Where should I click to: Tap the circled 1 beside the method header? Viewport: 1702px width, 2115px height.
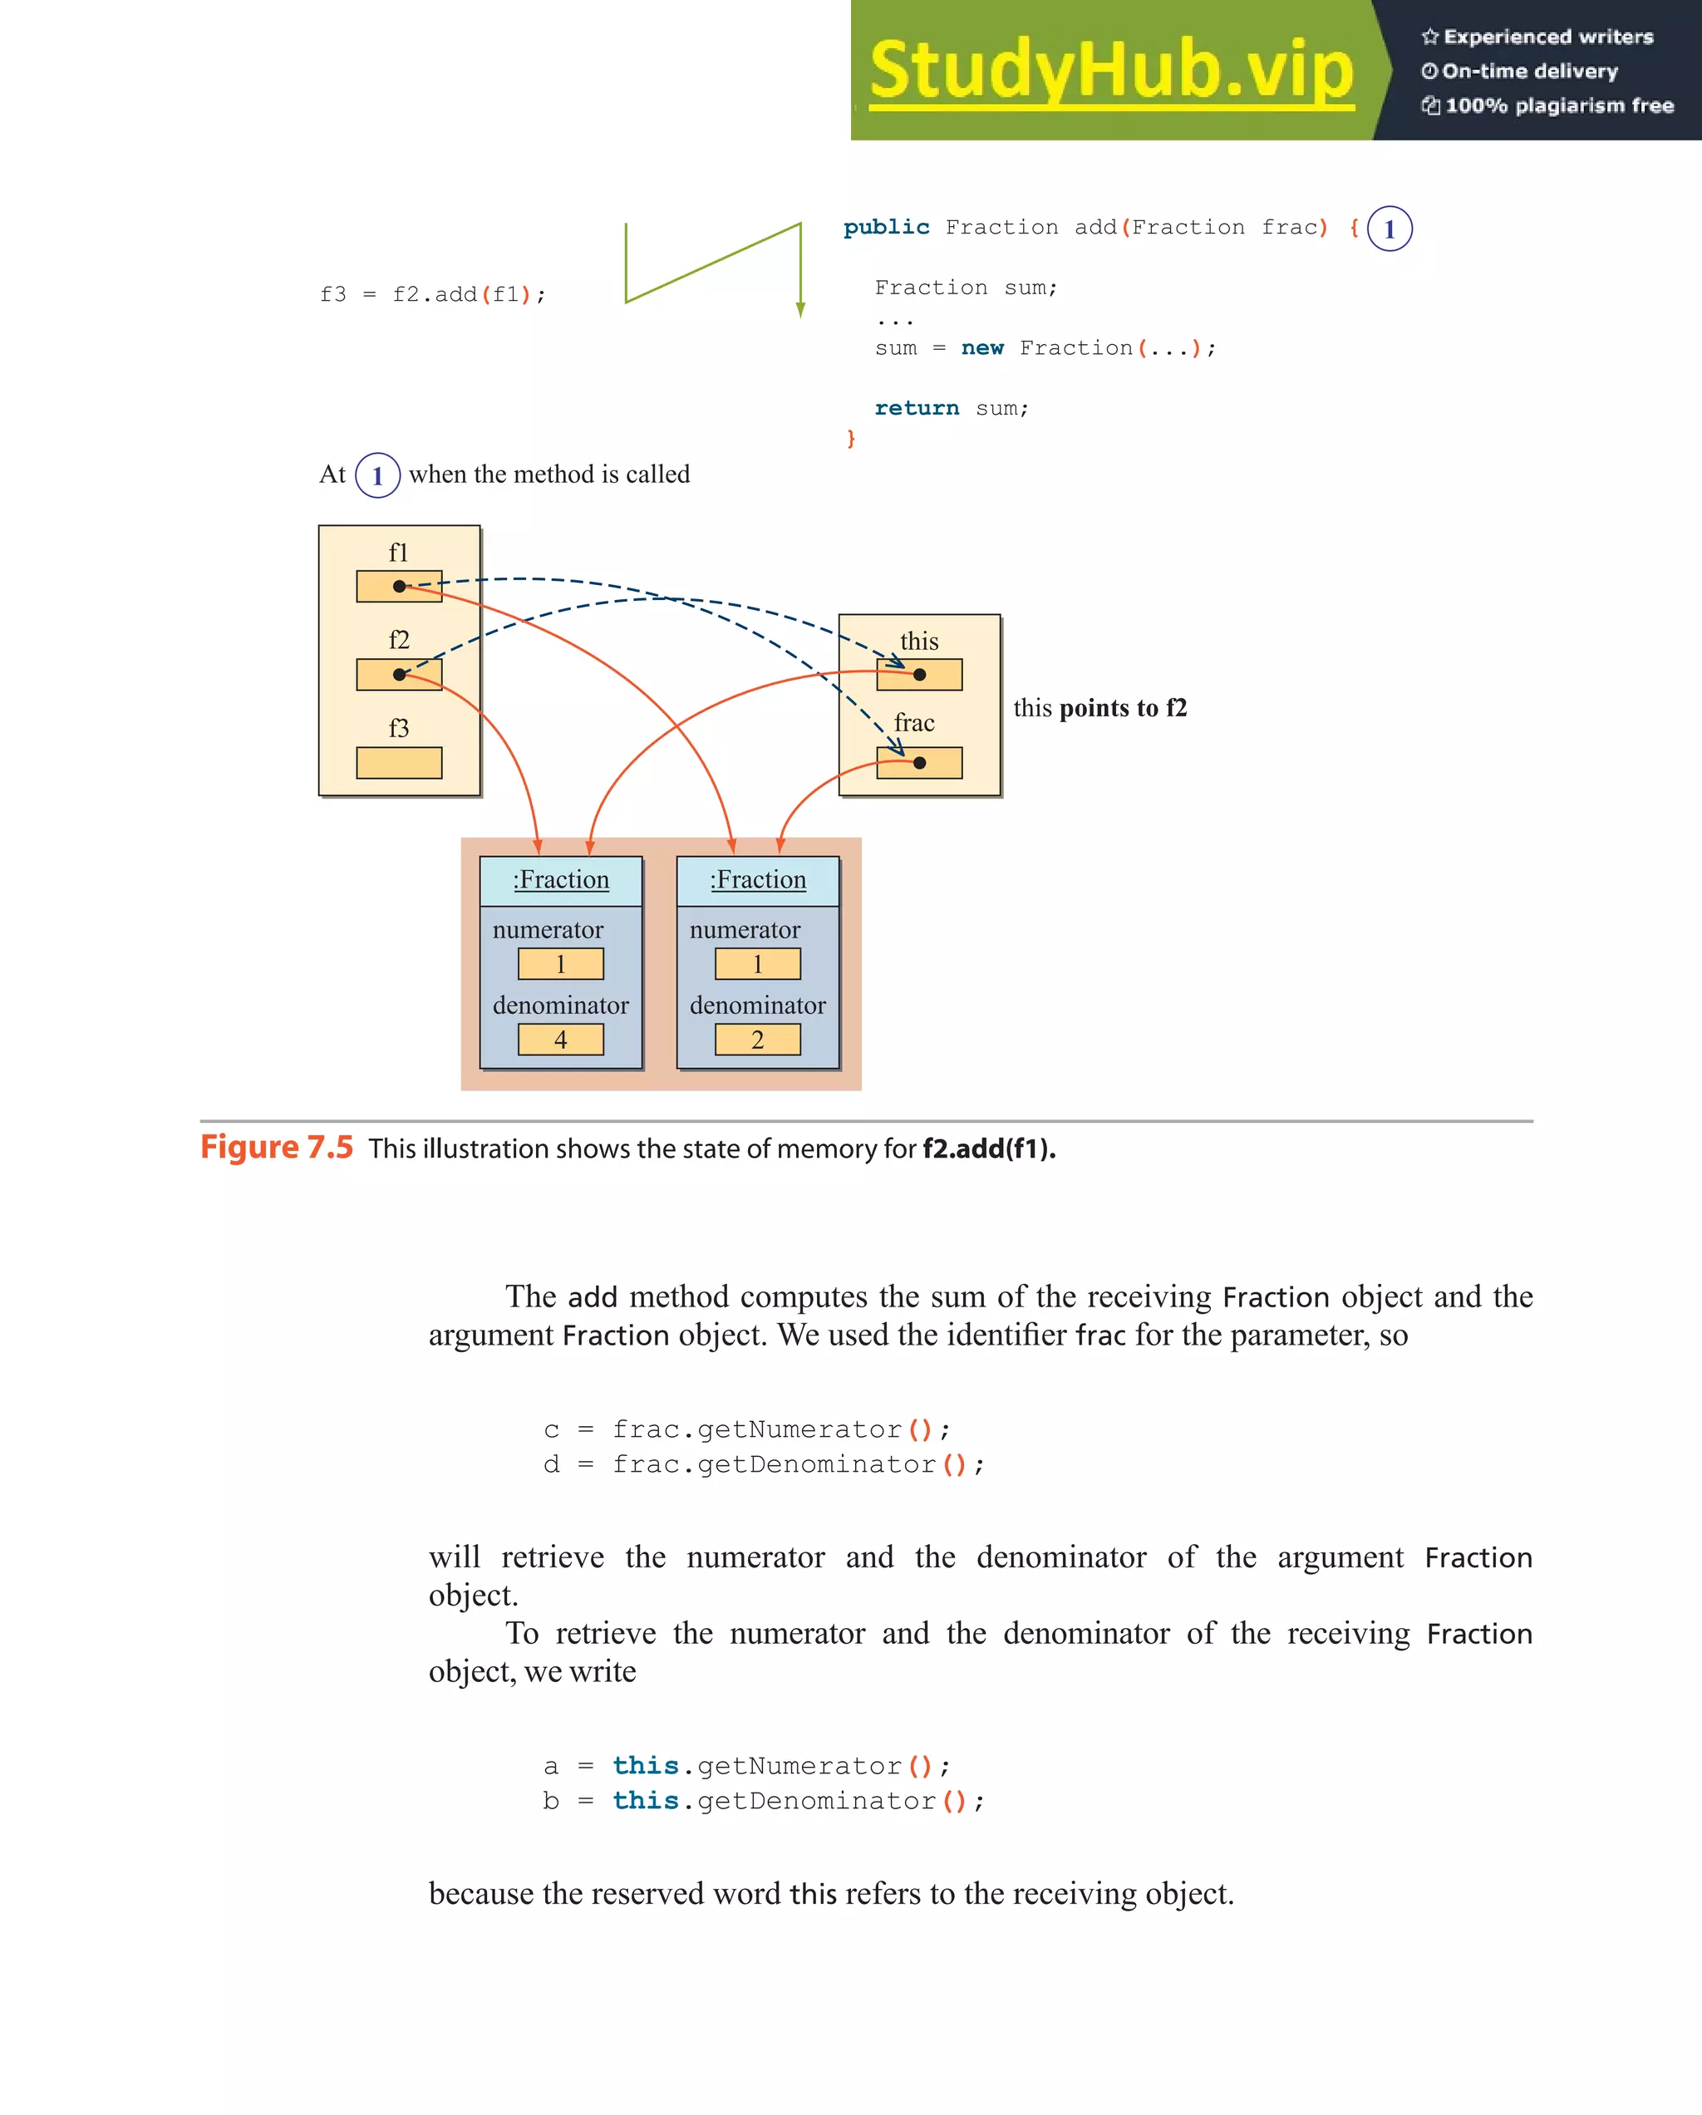click(1389, 229)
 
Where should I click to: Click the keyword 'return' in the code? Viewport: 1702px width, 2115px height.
click(916, 408)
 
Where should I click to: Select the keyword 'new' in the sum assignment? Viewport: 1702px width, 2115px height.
click(982, 348)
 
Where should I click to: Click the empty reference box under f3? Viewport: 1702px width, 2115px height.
click(399, 762)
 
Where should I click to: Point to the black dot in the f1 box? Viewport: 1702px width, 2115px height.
click(399, 587)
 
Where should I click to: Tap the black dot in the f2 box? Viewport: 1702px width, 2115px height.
click(399, 675)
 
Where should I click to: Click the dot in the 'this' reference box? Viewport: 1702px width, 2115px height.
click(919, 675)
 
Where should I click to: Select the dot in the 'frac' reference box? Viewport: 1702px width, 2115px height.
click(919, 763)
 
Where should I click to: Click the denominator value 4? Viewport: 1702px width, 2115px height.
click(560, 1040)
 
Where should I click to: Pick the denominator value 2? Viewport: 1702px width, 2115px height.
click(757, 1040)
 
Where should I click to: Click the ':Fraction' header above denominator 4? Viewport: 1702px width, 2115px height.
click(561, 880)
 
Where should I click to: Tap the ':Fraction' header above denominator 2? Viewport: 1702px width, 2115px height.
click(758, 880)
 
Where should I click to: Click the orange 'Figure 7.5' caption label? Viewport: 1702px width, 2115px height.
click(277, 1148)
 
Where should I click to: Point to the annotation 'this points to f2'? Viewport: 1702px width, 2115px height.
click(1099, 708)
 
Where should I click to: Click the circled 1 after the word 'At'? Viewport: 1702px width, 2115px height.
click(377, 476)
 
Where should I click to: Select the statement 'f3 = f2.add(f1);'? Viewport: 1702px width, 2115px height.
click(433, 294)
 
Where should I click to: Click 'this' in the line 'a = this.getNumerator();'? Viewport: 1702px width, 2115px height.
click(646, 1766)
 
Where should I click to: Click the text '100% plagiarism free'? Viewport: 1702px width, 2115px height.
click(1559, 106)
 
